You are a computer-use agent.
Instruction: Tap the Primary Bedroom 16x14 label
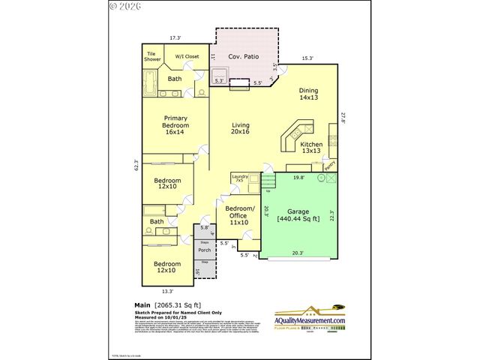(x=175, y=127)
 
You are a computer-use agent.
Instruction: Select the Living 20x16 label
(x=240, y=128)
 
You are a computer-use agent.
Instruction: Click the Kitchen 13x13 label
(x=311, y=148)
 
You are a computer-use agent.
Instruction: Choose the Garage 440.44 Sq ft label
(x=298, y=215)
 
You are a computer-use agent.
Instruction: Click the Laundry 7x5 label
(x=239, y=178)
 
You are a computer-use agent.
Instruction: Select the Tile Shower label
(x=153, y=57)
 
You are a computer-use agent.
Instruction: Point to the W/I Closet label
(x=187, y=56)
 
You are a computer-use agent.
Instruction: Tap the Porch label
(x=204, y=250)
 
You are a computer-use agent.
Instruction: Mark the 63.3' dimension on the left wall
(x=136, y=165)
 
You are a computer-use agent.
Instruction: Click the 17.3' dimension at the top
(x=175, y=37)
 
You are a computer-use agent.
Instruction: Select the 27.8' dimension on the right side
(x=343, y=118)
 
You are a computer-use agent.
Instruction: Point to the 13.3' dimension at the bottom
(x=167, y=291)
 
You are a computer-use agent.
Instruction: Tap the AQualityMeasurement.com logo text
(x=310, y=320)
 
